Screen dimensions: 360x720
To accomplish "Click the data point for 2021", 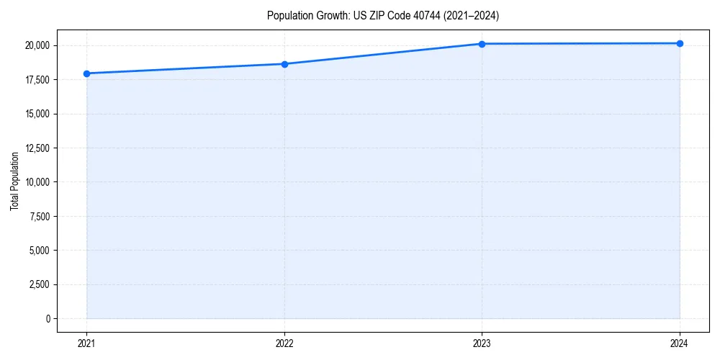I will [x=86, y=73].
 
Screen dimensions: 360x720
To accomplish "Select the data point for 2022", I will [x=284, y=64].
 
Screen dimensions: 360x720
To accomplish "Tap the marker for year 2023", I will [x=482, y=44].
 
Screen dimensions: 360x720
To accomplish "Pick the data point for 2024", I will [x=680, y=43].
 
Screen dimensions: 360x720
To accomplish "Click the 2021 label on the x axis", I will [x=86, y=343].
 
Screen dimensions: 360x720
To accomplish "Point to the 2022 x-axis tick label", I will [x=284, y=343].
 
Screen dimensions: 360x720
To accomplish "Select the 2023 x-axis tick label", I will [x=482, y=343].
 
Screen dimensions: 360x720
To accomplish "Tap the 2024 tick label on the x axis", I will [x=680, y=343].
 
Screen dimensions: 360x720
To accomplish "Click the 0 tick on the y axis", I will [x=47, y=318].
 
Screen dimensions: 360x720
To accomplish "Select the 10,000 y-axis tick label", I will [x=37, y=182].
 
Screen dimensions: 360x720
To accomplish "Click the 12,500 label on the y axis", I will [x=37, y=148].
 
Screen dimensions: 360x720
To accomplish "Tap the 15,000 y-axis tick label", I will [x=37, y=114].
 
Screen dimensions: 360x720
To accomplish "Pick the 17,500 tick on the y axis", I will [x=37, y=80].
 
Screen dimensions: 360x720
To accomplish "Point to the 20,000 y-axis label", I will [x=37, y=45].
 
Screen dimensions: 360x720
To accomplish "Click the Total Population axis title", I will [x=14, y=181].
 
